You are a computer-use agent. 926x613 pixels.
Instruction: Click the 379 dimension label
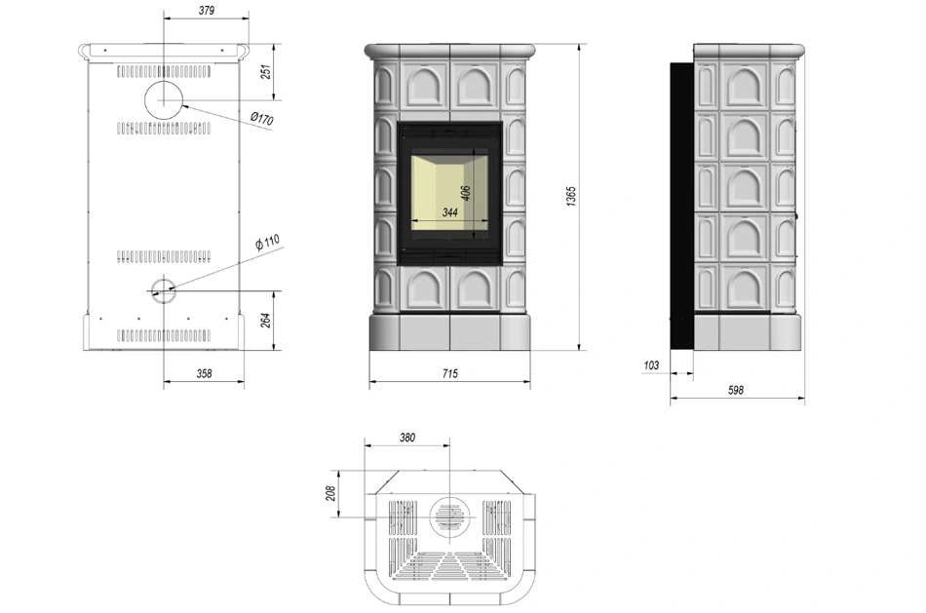tap(207, 10)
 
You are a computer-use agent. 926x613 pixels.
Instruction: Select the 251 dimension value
tap(266, 71)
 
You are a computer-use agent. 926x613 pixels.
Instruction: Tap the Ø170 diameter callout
tap(261, 119)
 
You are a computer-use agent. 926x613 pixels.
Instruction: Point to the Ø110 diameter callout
tap(267, 242)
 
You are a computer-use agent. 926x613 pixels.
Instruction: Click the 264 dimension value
tap(266, 320)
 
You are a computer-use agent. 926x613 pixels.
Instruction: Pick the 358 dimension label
tap(204, 373)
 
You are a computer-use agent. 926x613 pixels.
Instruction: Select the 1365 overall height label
tap(570, 196)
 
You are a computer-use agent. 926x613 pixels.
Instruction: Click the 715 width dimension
tap(449, 373)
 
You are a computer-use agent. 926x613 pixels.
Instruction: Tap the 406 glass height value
tap(465, 193)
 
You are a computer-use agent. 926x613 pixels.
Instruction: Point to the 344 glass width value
tap(450, 212)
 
